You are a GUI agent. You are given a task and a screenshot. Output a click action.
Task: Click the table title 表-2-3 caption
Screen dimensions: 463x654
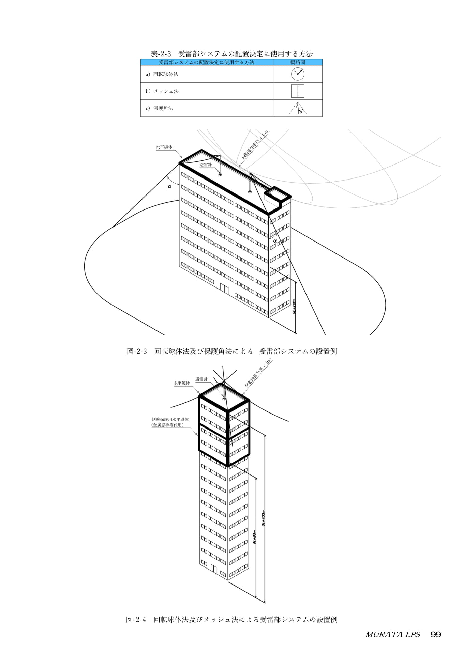[232, 54]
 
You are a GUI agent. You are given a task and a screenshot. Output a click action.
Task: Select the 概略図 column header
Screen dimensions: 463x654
[298, 62]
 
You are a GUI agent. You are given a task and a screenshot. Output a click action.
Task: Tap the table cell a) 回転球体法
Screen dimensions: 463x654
[162, 74]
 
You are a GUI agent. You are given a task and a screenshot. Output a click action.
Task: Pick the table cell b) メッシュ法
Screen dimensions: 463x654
[162, 91]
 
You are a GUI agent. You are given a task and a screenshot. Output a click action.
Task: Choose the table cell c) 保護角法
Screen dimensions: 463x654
[159, 108]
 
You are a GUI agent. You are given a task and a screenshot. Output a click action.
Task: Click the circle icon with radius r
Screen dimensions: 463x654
[298, 74]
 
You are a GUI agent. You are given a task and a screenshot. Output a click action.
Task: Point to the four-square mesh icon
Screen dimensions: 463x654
[298, 91]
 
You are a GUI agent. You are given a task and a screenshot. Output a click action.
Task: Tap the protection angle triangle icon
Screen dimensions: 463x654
[298, 108]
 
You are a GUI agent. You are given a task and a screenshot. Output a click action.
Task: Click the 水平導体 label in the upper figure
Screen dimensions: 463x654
[164, 147]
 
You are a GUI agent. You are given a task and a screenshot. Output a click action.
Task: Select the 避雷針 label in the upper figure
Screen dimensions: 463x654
[206, 165]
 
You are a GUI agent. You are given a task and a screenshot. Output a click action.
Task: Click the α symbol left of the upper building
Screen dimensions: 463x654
[169, 186]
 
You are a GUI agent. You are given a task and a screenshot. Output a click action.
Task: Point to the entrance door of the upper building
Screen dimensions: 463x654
[224, 288]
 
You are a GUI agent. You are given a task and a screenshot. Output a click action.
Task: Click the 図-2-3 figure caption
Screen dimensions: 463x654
[232, 351]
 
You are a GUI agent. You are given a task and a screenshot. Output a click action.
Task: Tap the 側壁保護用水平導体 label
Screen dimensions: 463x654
[170, 419]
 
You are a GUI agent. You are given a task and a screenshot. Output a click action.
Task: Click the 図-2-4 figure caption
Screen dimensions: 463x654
[232, 619]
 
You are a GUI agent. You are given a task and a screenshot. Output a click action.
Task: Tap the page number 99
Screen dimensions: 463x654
[436, 634]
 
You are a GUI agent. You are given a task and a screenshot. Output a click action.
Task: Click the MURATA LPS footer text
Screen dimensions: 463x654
[392, 634]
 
